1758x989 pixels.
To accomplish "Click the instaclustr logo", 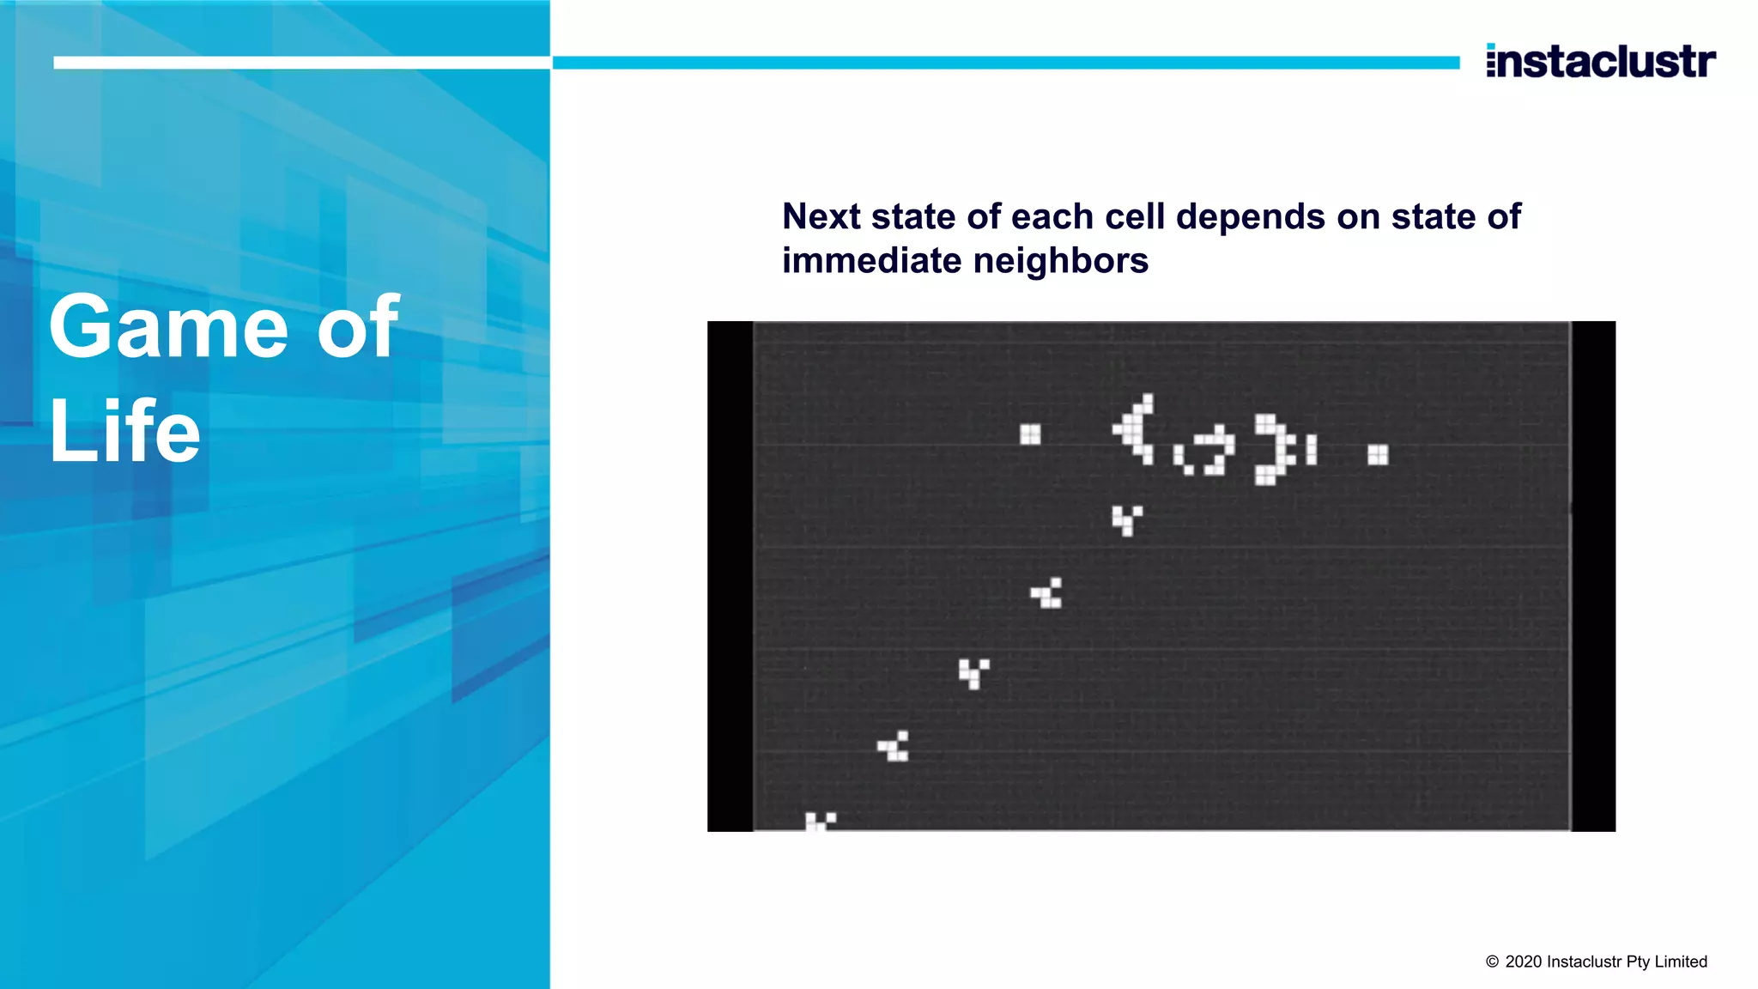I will (1600, 61).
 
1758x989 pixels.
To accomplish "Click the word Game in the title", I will (168, 327).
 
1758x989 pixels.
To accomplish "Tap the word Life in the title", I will (124, 432).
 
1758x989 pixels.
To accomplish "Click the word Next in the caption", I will (821, 216).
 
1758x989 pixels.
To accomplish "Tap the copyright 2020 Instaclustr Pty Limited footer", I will (1597, 962).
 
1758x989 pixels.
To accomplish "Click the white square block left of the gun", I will (1030, 434).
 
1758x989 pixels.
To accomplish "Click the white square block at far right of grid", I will (1378, 454).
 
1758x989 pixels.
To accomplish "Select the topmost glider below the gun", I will (1126, 519).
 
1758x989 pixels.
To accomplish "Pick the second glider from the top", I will (1047, 593).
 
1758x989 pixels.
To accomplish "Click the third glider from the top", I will (973, 673).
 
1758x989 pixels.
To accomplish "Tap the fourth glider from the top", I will (894, 746).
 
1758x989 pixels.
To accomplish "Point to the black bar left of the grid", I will (730, 576).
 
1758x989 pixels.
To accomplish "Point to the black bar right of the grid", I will (1593, 576).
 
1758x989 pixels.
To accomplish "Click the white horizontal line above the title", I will (300, 63).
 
